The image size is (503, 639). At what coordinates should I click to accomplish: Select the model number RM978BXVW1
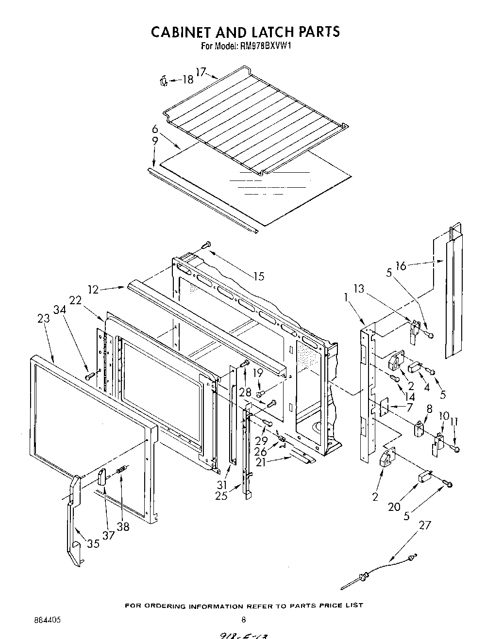click(265, 47)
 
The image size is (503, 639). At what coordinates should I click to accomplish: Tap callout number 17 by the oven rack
click(201, 72)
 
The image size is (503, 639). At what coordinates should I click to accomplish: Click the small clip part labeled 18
click(164, 81)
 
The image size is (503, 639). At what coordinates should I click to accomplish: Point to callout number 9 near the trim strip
click(154, 141)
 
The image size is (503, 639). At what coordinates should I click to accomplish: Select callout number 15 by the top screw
click(259, 276)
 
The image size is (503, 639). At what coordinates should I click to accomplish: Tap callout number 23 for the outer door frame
click(43, 319)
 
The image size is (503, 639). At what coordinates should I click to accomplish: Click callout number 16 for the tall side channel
click(401, 265)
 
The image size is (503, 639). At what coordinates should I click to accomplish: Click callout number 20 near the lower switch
click(394, 507)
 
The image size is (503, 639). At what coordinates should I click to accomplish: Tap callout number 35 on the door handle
click(93, 544)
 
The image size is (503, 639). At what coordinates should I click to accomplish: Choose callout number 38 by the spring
click(123, 526)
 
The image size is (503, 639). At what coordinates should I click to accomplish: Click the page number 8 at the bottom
click(244, 619)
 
